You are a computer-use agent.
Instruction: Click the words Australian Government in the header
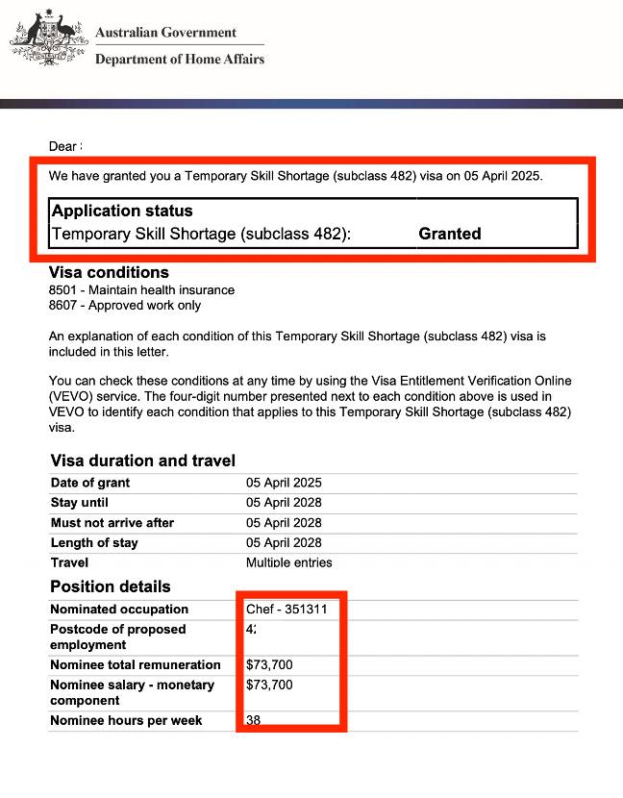point(165,33)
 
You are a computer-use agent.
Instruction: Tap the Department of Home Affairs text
point(179,60)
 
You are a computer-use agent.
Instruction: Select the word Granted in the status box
point(450,234)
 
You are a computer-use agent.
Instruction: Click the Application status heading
point(122,211)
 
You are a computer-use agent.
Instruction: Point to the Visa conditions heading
point(109,272)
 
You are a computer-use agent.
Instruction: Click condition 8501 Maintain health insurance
point(141,289)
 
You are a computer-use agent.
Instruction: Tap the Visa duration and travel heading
point(142,461)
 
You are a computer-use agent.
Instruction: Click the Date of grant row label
point(90,483)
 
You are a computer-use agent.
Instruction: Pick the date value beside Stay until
point(284,503)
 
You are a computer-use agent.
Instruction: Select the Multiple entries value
point(289,562)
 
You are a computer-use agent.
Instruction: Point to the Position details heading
point(111,586)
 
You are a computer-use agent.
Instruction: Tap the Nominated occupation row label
point(119,610)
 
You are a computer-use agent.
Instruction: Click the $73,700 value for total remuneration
point(269,664)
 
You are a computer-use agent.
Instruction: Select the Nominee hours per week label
point(126,720)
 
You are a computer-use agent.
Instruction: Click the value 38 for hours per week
point(253,720)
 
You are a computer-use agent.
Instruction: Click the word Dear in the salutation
point(62,147)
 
